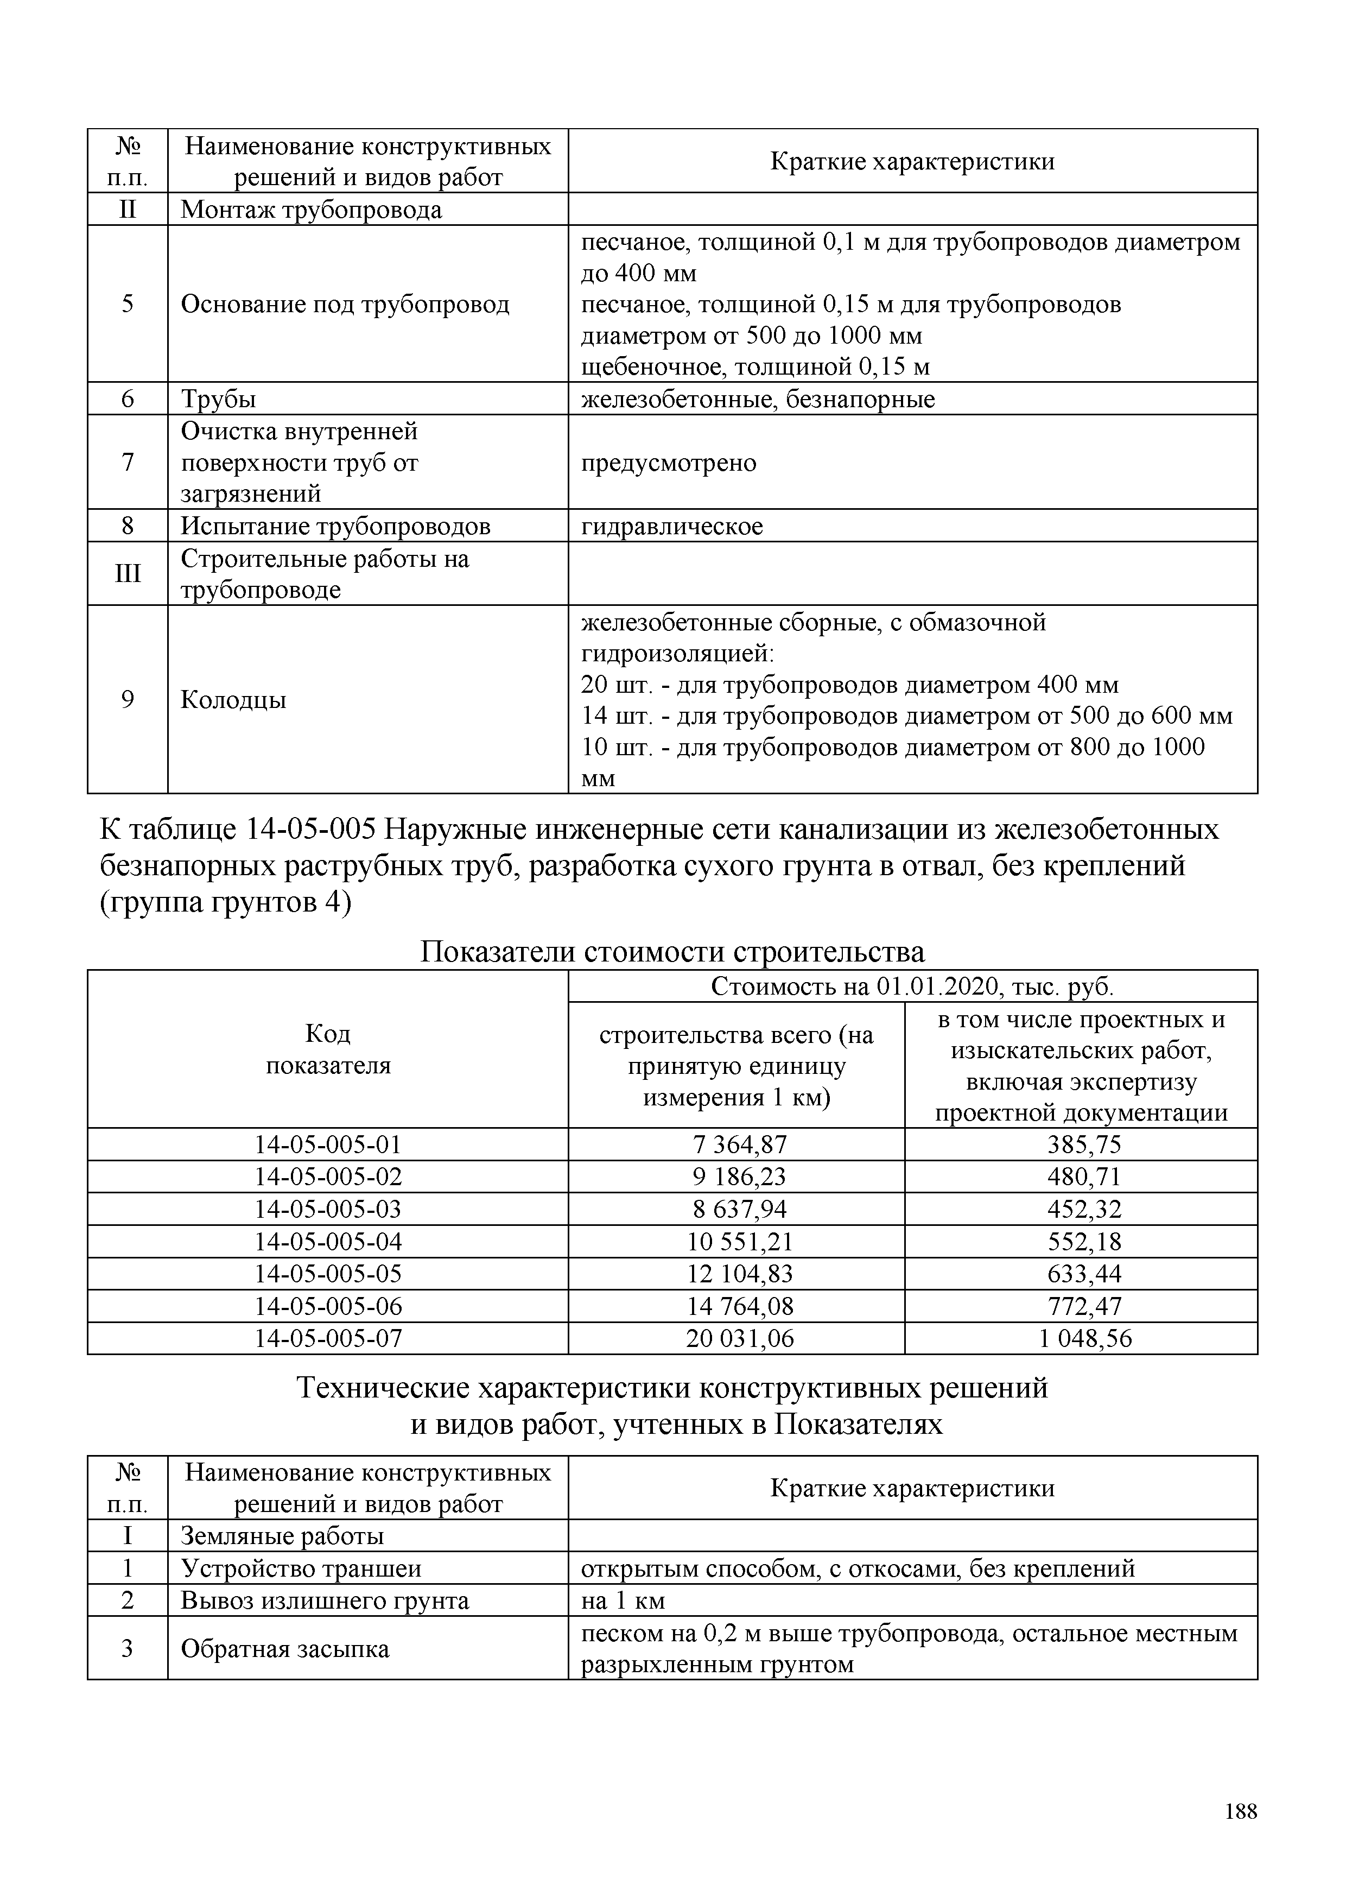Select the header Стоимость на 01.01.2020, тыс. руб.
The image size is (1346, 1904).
click(912, 987)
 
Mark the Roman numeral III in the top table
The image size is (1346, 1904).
click(128, 574)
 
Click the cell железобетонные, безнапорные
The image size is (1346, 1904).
click(758, 399)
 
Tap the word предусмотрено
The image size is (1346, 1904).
click(668, 463)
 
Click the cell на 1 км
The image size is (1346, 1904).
click(623, 1601)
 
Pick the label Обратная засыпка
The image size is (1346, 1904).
click(284, 1649)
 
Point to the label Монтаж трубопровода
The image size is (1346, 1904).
click(311, 210)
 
